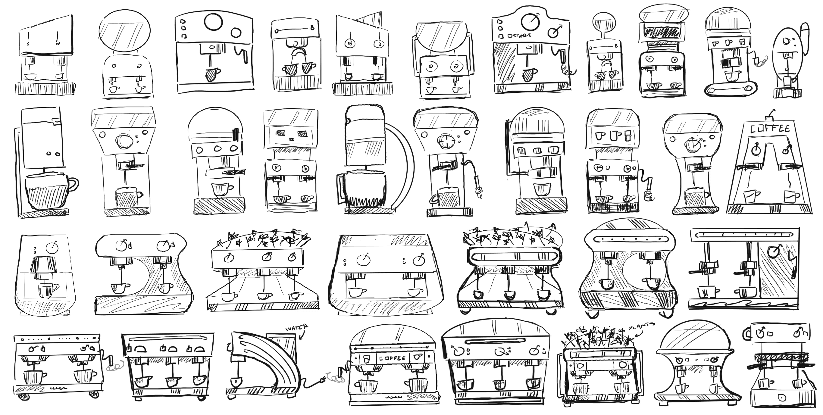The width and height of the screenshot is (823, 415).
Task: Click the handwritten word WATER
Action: pos(296,328)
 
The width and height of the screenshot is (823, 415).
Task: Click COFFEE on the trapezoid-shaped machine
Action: pos(770,129)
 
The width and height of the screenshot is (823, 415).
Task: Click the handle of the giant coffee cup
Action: pos(73,184)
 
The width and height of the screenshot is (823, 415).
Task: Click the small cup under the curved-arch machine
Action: pos(236,381)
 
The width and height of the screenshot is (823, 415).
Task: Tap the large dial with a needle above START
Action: pos(530,21)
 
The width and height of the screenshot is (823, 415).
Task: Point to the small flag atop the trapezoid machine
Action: pos(771,114)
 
